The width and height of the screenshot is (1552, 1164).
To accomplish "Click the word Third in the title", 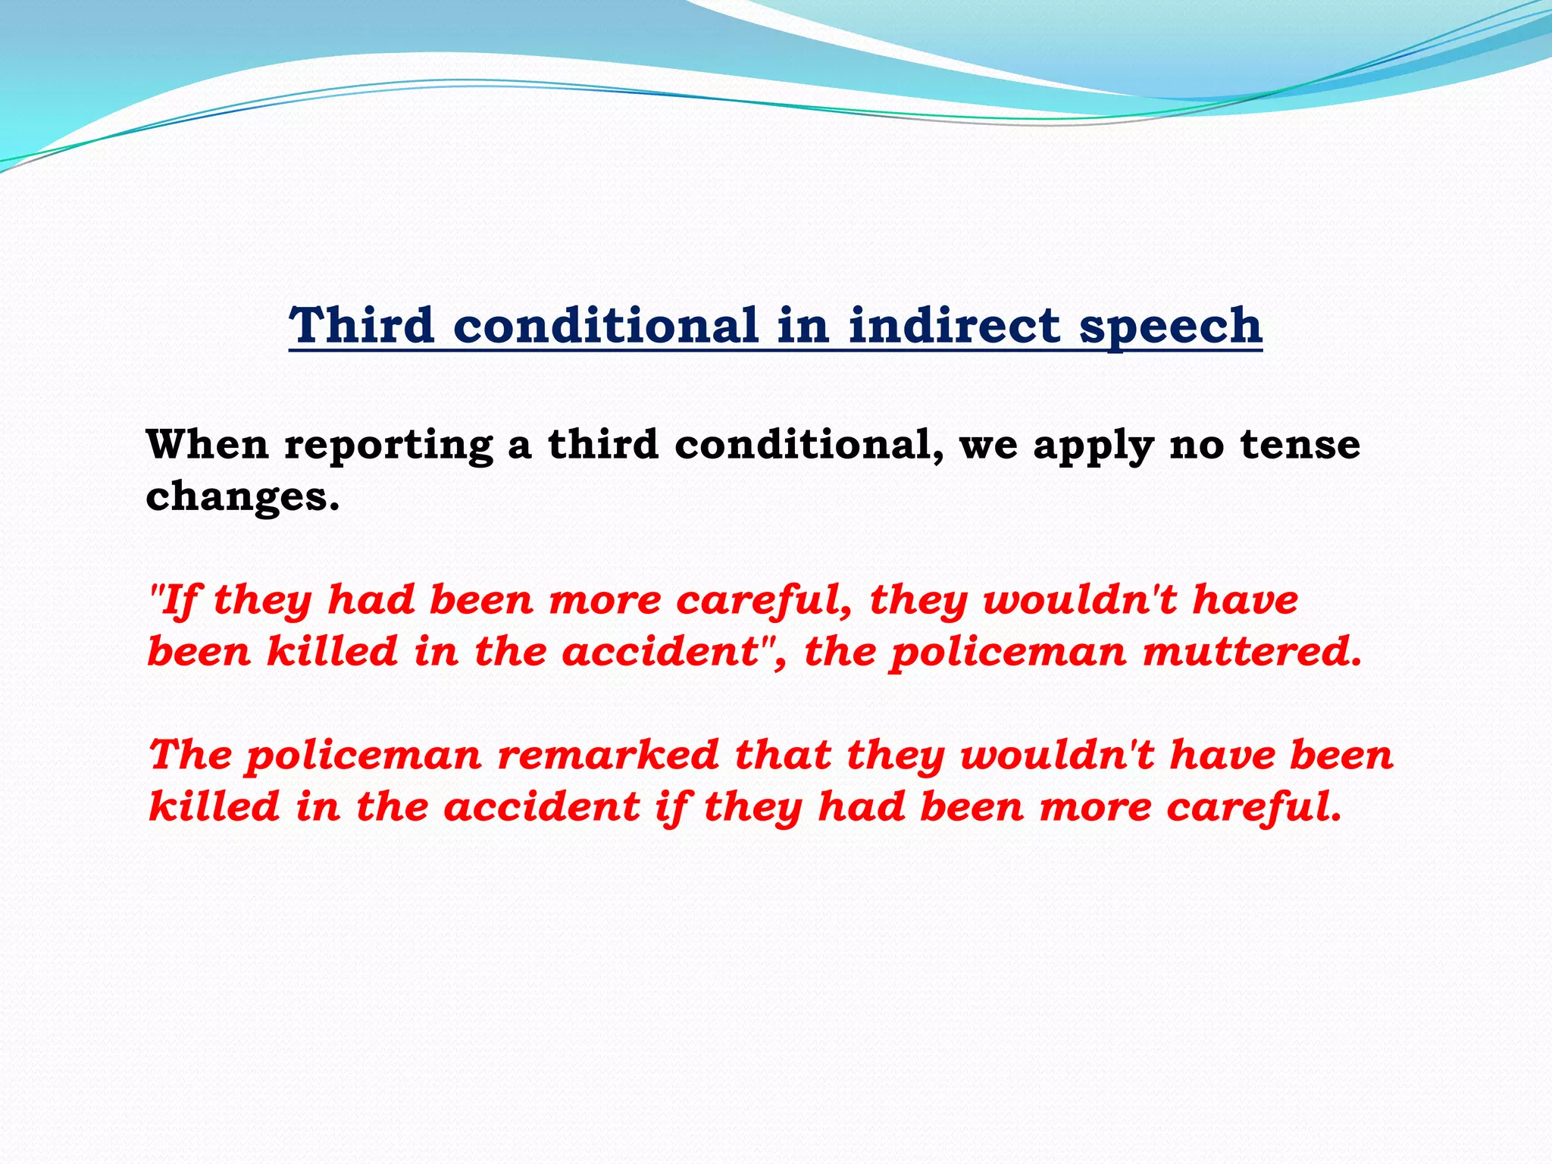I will coord(361,325).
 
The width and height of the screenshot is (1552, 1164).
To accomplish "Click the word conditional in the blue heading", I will coord(605,325).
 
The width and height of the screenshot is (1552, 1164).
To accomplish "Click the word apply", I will coord(1094,446).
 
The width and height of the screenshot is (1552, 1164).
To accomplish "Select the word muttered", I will coord(1253,652).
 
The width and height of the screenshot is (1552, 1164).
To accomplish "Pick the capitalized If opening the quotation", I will coord(179,601).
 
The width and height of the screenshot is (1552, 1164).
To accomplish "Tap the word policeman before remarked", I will coord(364,757).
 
